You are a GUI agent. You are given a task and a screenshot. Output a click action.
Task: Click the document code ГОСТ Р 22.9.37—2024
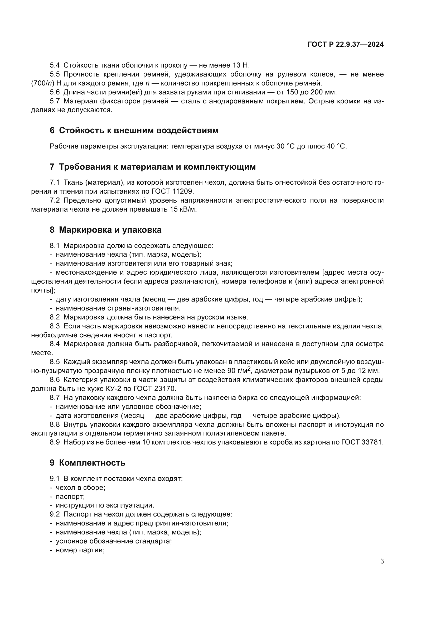[346, 45]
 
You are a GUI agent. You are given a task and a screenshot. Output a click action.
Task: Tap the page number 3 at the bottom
[382, 561]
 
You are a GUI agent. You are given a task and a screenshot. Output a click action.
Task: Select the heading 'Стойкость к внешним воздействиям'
[139, 131]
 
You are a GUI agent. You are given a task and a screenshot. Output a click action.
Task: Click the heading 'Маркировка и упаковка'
[110, 230]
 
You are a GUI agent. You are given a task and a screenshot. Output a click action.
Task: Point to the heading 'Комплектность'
[92, 463]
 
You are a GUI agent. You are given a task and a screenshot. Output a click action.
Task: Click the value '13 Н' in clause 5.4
[241, 65]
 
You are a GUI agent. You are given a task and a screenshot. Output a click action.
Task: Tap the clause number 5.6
[55, 92]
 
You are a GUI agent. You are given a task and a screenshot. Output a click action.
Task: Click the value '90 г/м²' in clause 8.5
[240, 371]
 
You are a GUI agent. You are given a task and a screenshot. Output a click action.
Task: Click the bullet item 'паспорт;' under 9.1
[70, 497]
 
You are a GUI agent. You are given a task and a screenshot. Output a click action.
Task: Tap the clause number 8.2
[55, 317]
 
